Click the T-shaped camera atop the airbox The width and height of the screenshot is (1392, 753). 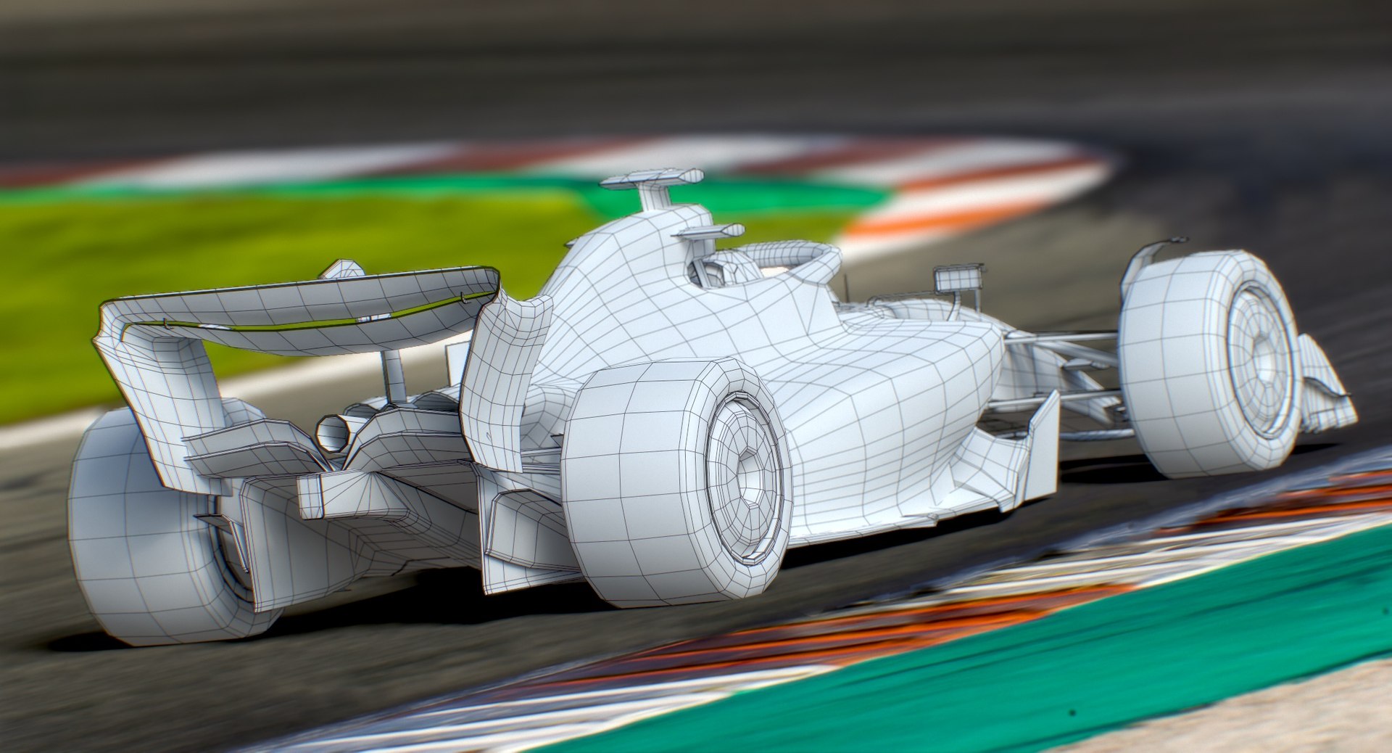pyautogui.click(x=652, y=179)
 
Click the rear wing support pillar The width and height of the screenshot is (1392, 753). pyautogui.click(x=395, y=374)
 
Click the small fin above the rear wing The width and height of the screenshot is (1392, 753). pyautogui.click(x=342, y=270)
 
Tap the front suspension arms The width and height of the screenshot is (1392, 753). pyautogui.click(x=1058, y=363)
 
